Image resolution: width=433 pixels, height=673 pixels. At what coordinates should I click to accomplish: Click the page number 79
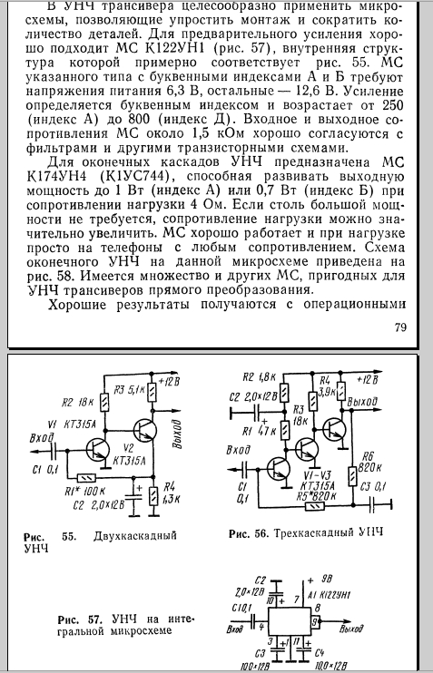[400, 327]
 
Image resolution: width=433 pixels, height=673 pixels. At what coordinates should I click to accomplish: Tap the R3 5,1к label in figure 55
[129, 390]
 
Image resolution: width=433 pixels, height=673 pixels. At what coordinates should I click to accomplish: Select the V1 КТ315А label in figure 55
[73, 424]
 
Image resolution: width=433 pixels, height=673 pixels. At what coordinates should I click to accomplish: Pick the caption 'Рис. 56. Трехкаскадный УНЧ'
[305, 534]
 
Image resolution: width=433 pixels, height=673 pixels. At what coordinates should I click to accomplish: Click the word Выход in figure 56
[363, 402]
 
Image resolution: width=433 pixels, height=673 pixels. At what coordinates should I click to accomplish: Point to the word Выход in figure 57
[351, 629]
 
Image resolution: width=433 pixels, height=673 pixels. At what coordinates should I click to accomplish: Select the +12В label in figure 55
[169, 381]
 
